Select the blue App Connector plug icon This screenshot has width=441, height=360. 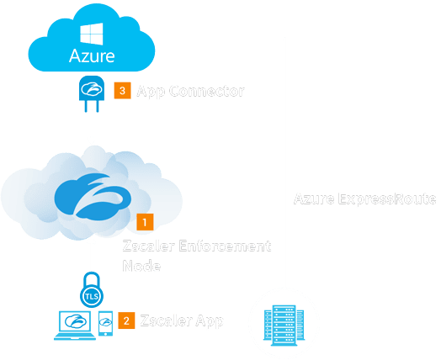(x=90, y=90)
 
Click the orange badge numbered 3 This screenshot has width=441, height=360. (x=121, y=90)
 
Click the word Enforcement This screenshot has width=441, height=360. (x=223, y=246)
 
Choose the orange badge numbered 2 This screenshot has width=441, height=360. (x=127, y=320)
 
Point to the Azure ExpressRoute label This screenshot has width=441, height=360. (x=364, y=199)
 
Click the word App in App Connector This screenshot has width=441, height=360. (x=151, y=90)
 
